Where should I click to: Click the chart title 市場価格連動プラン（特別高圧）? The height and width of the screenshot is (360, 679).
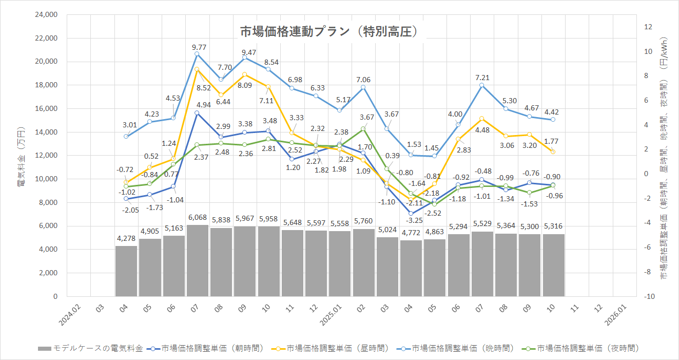[x=328, y=32]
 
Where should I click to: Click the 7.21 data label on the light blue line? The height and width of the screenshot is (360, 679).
[x=482, y=78]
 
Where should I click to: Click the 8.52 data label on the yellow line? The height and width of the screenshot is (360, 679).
[x=204, y=88]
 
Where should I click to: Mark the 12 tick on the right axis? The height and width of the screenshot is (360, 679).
[x=648, y=27]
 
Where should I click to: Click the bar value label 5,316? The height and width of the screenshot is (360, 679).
[x=554, y=226]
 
